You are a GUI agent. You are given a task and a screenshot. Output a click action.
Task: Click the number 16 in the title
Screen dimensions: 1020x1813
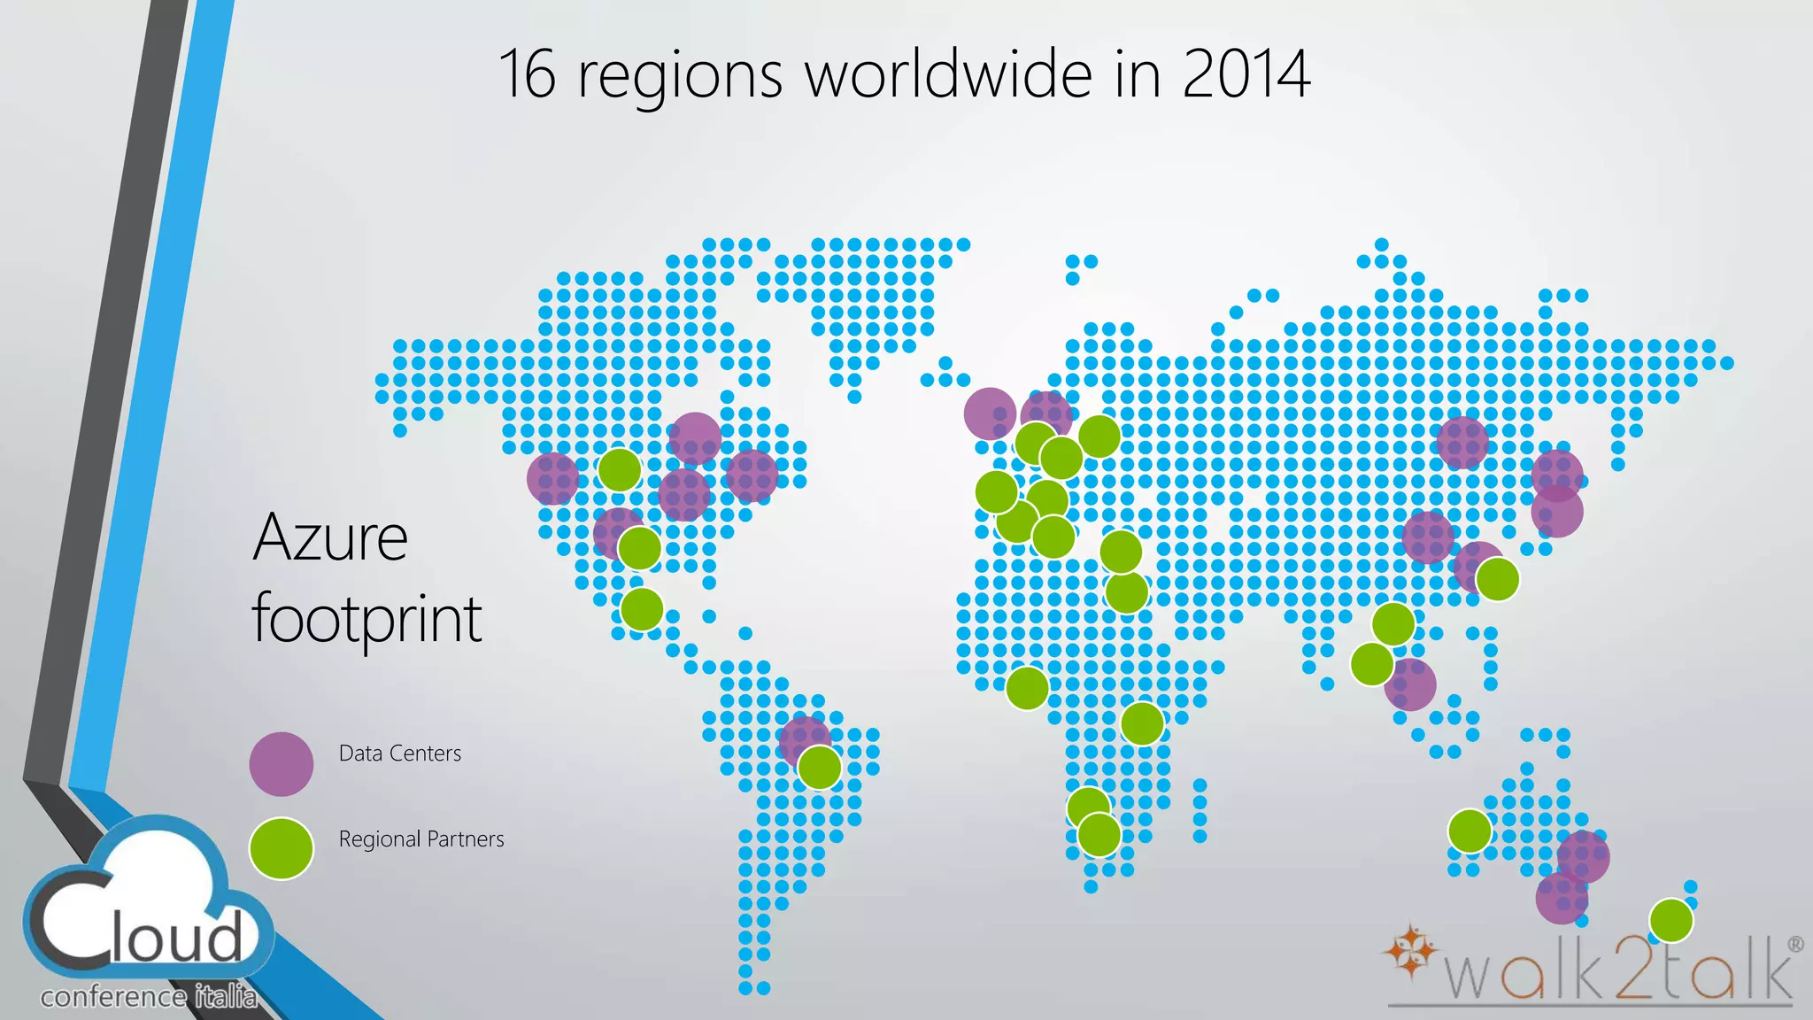pos(528,74)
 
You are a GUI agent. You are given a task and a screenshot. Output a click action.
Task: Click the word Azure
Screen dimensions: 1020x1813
pos(330,537)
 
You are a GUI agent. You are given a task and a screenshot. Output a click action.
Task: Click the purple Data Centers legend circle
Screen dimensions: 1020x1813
pos(282,763)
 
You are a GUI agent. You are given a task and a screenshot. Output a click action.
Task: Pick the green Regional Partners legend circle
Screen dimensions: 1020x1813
pos(282,848)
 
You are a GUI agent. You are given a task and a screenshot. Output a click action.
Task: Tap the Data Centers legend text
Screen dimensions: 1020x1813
pos(400,753)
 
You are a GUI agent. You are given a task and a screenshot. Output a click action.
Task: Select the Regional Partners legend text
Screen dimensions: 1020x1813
pos(421,839)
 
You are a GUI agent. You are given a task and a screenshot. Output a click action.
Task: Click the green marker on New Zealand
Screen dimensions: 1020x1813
pos(1671,920)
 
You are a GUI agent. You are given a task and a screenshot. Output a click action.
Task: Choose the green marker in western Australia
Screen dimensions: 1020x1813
pos(1470,831)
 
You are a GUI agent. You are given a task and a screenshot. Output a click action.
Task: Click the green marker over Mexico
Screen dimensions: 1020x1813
pos(642,608)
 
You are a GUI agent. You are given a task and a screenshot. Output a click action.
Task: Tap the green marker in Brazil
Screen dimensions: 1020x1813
pos(820,767)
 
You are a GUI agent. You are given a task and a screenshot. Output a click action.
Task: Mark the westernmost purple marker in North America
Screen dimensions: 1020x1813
pos(552,478)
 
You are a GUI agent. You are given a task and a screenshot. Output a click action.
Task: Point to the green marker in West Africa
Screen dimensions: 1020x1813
pos(1027,688)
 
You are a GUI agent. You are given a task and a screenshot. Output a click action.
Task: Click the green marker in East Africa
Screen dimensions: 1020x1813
pos(1142,723)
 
